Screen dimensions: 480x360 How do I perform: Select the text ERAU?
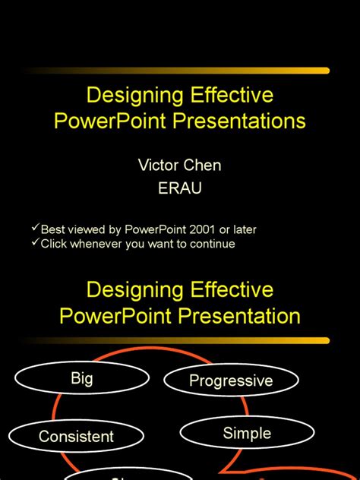[179, 188]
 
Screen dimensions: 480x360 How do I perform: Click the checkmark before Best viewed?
[35, 228]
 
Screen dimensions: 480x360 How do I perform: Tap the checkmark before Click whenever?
[35, 243]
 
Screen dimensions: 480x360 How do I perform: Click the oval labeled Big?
[81, 378]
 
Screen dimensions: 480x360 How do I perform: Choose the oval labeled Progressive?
[230, 381]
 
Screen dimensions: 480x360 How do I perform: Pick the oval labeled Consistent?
[76, 436]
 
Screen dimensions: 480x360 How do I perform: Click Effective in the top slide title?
[225, 96]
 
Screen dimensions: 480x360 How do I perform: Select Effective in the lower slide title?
[225, 290]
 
